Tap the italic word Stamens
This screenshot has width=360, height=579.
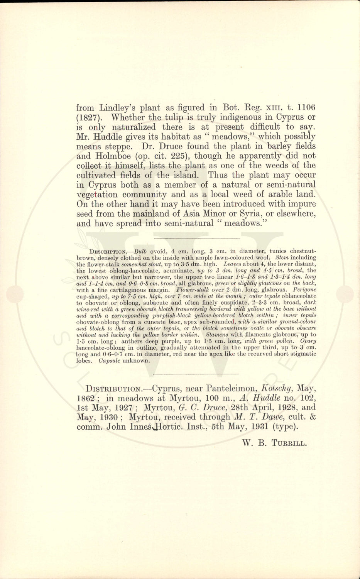click(218, 334)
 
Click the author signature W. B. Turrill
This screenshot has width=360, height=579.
click(274, 443)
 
